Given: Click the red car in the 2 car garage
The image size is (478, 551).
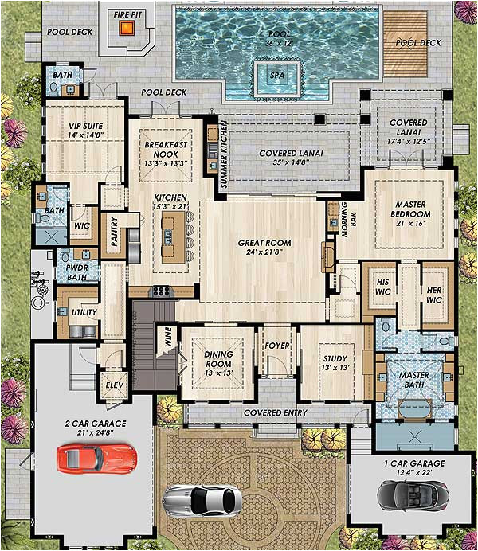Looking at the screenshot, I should pos(96,458).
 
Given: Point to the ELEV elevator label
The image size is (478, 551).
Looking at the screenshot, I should pos(115,385).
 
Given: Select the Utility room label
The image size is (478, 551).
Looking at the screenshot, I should pos(84,313).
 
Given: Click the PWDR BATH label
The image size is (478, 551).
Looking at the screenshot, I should pos(76,273).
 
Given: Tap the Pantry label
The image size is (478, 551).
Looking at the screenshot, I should pos(114,234).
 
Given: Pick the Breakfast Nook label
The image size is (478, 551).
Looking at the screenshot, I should pos(165,149).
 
